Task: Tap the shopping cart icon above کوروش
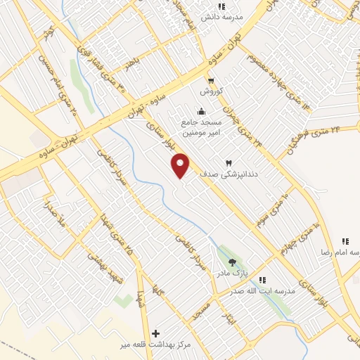point(211,80)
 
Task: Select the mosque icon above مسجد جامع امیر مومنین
point(202,110)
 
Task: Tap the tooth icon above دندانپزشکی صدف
point(228,162)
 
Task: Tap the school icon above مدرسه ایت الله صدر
point(262,280)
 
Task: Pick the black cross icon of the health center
point(155,333)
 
